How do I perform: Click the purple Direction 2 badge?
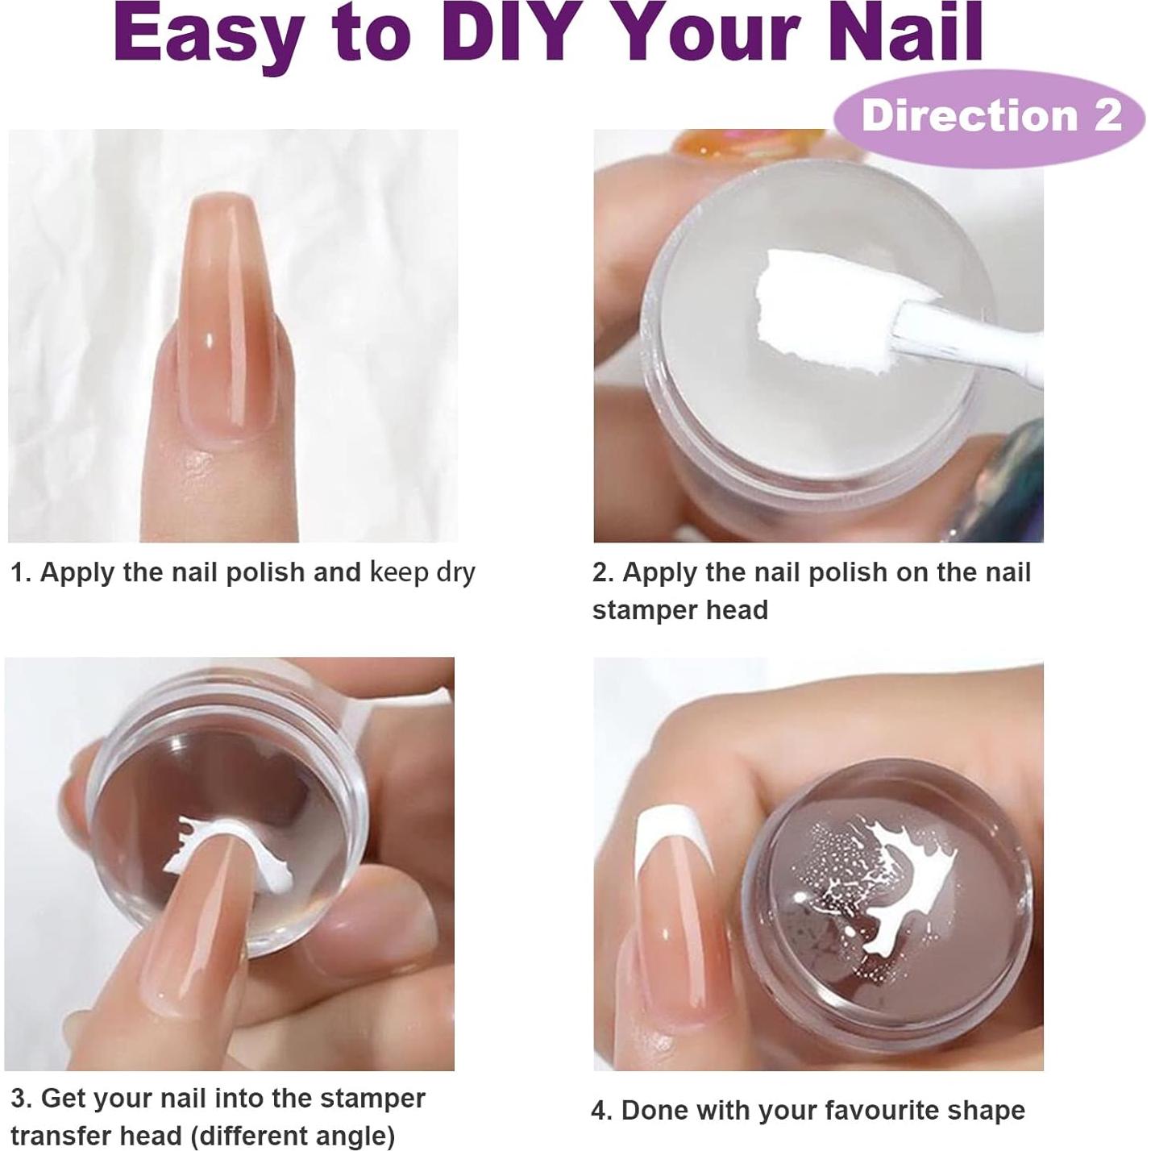pos(989,116)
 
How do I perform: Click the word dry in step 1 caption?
pos(455,572)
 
